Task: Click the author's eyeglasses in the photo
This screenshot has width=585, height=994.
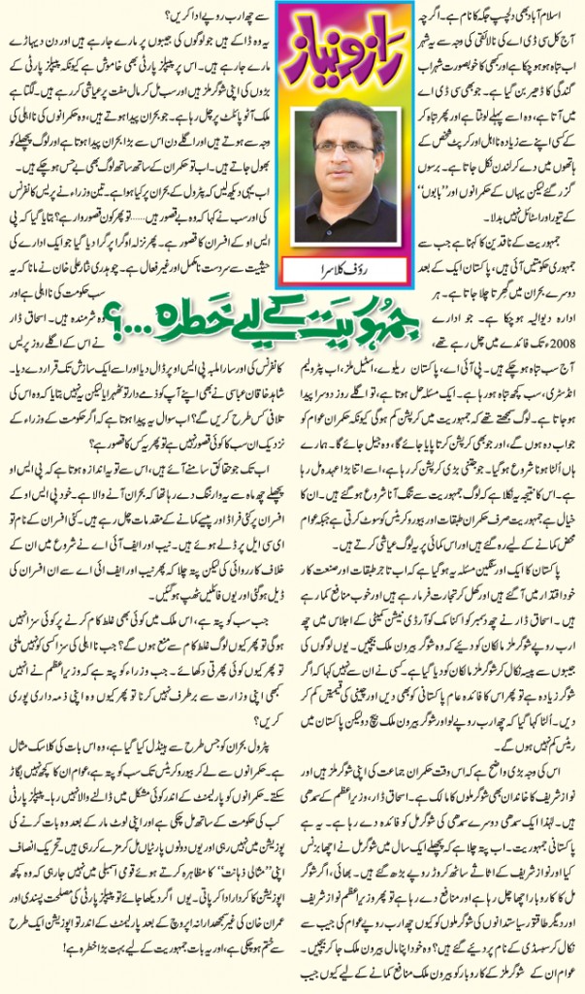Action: [x=342, y=147]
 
